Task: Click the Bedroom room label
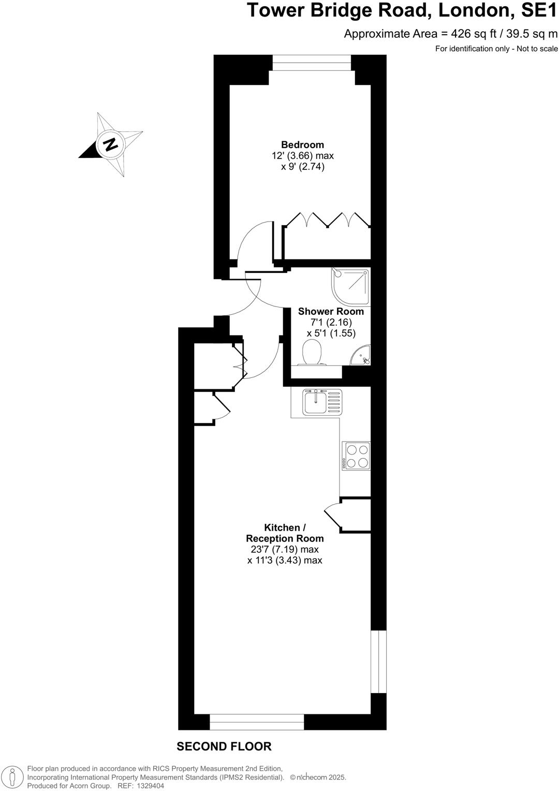(x=302, y=145)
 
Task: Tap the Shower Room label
(x=331, y=312)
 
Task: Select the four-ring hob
(x=356, y=456)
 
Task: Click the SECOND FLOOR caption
(x=224, y=746)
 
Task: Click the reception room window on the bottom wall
(x=257, y=722)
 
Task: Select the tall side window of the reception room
(x=379, y=661)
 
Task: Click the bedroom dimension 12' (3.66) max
(x=303, y=156)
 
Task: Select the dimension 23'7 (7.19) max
(x=284, y=549)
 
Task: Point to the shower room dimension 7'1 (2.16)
(x=331, y=323)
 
